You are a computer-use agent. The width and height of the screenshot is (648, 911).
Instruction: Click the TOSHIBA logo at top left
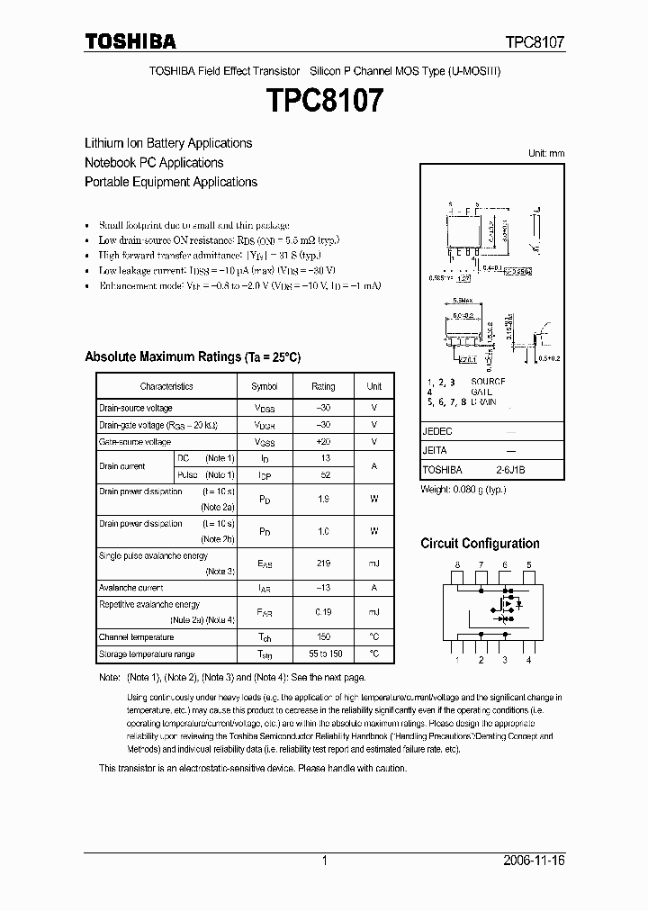click(130, 41)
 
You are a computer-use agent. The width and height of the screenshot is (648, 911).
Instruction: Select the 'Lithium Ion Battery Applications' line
click(168, 143)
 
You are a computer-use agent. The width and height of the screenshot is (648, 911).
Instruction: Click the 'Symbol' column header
click(264, 386)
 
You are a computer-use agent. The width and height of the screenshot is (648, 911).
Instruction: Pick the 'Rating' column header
click(323, 386)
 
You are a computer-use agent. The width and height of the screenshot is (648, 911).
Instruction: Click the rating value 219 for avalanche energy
click(323, 564)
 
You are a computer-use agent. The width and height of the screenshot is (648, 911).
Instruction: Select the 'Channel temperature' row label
click(136, 636)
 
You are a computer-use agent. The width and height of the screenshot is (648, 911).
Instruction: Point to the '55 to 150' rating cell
click(323, 654)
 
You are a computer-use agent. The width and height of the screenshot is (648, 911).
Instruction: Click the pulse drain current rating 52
click(323, 474)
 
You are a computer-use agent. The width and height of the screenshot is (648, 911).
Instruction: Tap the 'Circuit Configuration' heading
click(480, 544)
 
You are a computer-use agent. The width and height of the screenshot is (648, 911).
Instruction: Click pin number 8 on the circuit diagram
click(457, 565)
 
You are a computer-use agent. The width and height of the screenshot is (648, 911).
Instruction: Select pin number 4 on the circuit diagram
click(528, 660)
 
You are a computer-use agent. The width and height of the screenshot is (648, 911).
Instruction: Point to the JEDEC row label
click(437, 431)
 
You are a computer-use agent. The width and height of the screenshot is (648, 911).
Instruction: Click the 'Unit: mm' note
click(545, 154)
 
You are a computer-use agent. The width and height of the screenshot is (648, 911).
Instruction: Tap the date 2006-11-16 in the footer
click(534, 861)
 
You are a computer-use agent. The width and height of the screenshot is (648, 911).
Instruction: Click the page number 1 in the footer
click(324, 861)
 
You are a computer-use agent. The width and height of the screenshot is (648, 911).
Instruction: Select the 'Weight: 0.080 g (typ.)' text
click(463, 489)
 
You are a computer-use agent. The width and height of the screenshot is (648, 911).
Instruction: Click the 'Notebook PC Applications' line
click(154, 163)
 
